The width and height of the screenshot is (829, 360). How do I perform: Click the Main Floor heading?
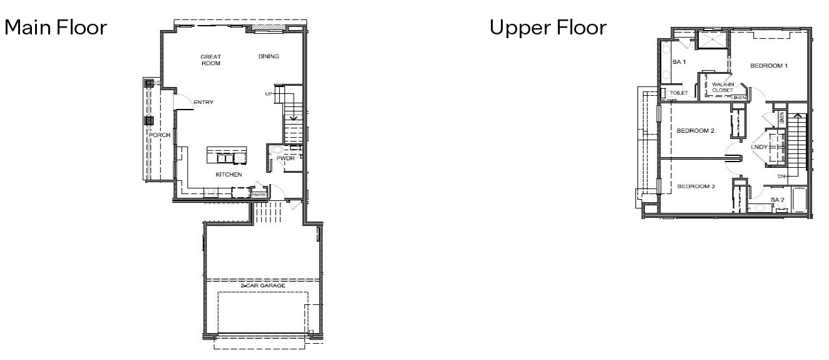(x=56, y=28)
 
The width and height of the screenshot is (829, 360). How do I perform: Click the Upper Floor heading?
(x=548, y=28)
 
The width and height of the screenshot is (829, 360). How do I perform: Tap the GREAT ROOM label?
(x=210, y=60)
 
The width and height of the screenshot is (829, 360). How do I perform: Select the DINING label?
(x=269, y=57)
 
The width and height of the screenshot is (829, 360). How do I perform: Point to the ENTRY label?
(x=203, y=102)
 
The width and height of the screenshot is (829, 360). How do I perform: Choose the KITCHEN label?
(x=229, y=175)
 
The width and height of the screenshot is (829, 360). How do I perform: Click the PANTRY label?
(x=259, y=195)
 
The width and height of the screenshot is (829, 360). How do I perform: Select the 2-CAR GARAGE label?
(x=263, y=285)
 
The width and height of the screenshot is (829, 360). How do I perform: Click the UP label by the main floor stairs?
(x=269, y=94)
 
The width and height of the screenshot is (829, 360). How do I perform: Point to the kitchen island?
(x=227, y=155)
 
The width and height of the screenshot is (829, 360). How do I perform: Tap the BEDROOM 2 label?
(x=696, y=131)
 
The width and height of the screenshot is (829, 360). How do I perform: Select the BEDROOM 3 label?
(x=696, y=187)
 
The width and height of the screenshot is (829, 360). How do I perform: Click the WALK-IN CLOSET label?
(x=723, y=87)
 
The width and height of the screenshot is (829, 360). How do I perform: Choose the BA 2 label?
(x=777, y=200)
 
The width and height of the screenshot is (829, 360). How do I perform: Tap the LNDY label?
(x=758, y=147)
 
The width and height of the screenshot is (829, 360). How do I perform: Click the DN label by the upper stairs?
(x=781, y=177)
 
